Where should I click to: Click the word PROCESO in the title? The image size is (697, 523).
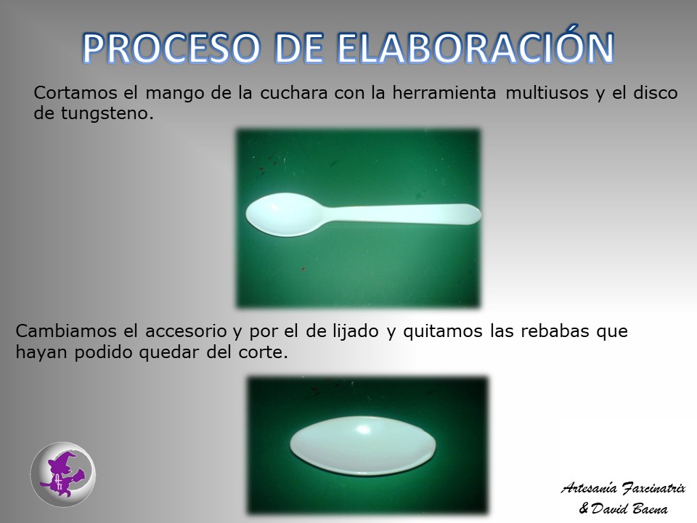(x=171, y=48)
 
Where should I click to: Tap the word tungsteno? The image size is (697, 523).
(x=107, y=114)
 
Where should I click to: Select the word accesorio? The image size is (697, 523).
(x=187, y=331)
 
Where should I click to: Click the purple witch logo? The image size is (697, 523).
(x=63, y=474)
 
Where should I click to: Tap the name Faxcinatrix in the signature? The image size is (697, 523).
(x=653, y=488)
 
